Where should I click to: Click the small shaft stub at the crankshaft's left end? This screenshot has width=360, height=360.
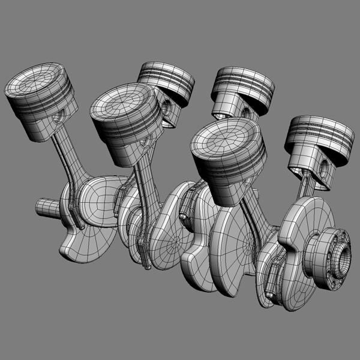pos(46,208)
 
